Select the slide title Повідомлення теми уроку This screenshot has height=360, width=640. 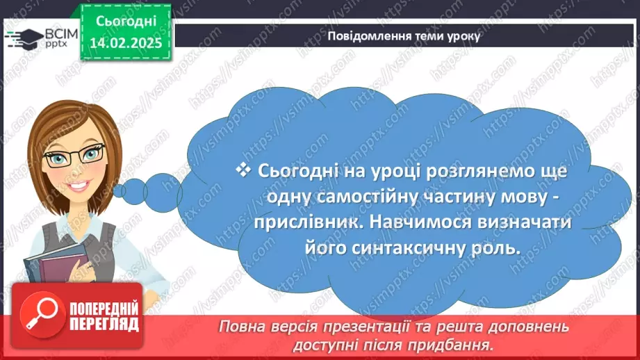point(404,36)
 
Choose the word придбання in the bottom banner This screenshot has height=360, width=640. point(464,344)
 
